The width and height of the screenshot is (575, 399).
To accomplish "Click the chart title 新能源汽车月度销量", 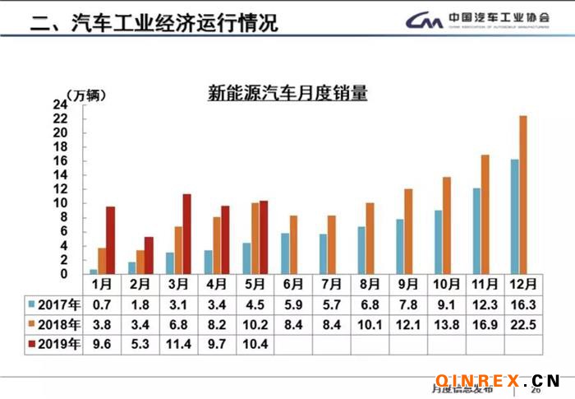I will tap(287, 94).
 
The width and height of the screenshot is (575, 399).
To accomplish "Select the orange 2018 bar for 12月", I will tap(522, 194).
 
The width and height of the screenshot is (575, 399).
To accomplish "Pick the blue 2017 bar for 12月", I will tap(514, 216).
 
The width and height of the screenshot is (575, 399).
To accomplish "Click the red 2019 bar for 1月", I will tap(110, 239).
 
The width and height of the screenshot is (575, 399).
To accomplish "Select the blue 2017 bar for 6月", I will tap(285, 253).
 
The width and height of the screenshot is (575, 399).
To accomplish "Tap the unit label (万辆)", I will tap(85, 93).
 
